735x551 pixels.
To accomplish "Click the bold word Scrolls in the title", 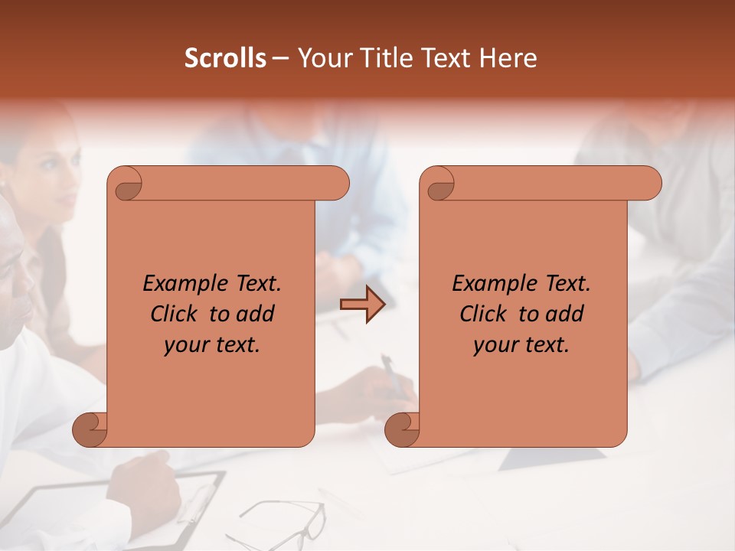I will point(225,58).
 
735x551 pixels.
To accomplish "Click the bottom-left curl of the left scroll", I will point(90,429).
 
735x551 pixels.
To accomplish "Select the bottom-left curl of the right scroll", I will point(403,429).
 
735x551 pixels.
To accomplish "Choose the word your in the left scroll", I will point(185,345).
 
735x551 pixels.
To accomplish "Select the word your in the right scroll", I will point(495,345).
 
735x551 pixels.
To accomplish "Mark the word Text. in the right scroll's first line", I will point(567,284).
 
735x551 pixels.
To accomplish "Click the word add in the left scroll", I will point(256,314).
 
